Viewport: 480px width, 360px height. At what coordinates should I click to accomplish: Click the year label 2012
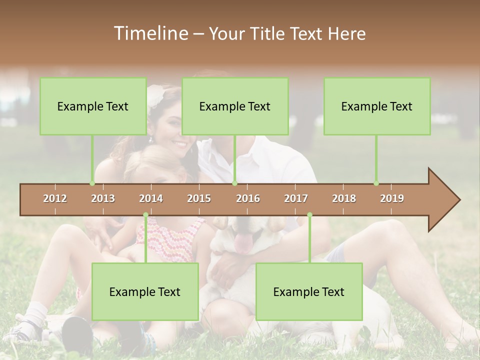55,198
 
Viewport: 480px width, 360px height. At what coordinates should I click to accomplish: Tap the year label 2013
103,198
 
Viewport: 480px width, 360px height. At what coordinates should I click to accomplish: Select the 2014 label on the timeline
151,198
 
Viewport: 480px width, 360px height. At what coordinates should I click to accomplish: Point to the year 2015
199,198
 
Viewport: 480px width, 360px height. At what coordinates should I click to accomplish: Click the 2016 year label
248,198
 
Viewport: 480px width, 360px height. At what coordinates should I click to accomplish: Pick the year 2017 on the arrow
296,198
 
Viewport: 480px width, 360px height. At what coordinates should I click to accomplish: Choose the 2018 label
344,198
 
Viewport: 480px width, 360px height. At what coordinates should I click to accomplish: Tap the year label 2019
392,198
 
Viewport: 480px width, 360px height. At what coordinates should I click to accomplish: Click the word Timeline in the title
150,33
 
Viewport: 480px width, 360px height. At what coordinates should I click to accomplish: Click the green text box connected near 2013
93,106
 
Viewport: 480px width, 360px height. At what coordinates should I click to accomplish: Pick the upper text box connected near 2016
235,106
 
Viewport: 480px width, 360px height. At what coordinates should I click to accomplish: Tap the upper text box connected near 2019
377,106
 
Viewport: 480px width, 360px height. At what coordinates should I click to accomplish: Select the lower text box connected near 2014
145,291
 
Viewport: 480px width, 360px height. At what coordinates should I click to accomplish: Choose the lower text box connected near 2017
309,291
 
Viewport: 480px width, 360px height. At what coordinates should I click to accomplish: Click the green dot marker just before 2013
92,183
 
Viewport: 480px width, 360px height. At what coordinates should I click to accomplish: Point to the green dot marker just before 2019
376,183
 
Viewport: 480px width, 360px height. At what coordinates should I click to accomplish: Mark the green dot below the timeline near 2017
309,215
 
